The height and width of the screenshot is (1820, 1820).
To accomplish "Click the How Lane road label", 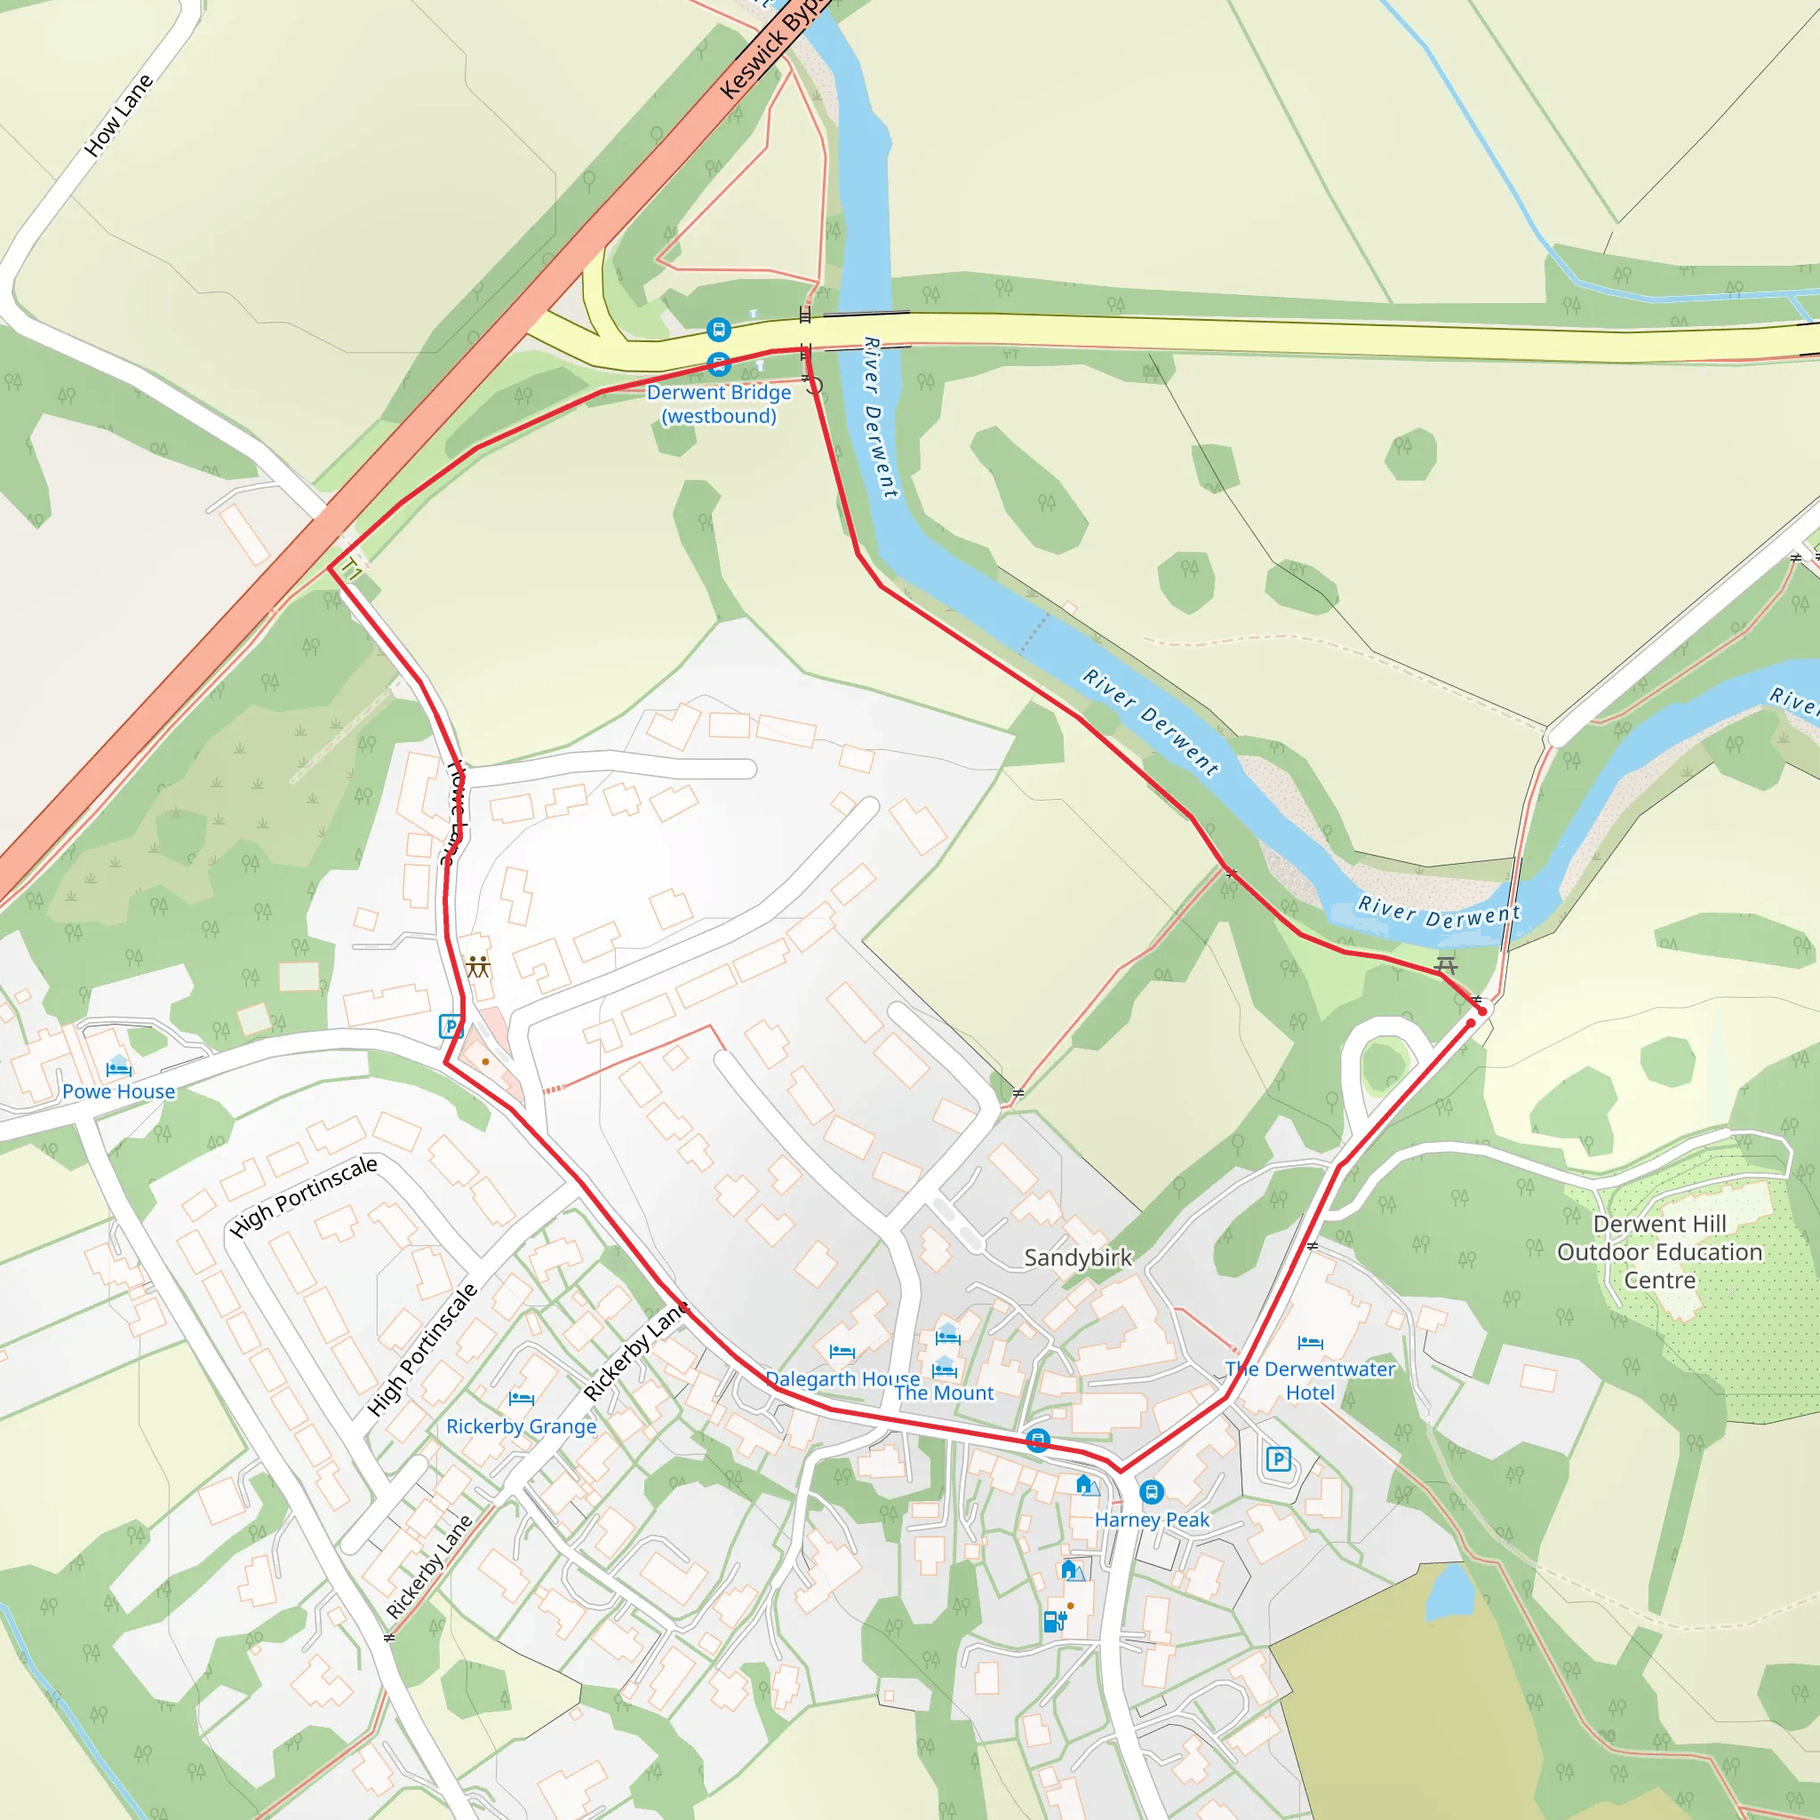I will (119, 116).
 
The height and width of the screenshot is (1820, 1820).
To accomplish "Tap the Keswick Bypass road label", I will (770, 48).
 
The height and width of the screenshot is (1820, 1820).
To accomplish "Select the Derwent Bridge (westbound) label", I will (719, 404).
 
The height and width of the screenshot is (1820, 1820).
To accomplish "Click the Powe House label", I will (119, 1092).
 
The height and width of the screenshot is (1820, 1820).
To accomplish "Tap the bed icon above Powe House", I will (119, 1068).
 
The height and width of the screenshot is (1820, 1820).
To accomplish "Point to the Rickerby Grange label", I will (521, 1426).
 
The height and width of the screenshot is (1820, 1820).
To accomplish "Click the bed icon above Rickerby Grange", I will (521, 1399).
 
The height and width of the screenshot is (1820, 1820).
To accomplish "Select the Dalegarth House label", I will (842, 1379).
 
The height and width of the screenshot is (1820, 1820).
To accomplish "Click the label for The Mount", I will (944, 1393).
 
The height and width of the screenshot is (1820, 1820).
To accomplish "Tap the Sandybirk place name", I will (1078, 1257).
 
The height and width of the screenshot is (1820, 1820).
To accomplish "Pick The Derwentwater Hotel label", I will (1309, 1381).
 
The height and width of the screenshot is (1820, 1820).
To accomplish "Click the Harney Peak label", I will (1151, 1520).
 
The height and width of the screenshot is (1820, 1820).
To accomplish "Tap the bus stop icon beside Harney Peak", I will (1151, 1492).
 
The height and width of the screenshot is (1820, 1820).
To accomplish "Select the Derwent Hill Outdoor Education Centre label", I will (1659, 1252).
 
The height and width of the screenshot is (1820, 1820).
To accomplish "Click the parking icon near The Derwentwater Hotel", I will (1277, 1459).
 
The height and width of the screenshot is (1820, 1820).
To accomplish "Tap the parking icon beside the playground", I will (451, 1026).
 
